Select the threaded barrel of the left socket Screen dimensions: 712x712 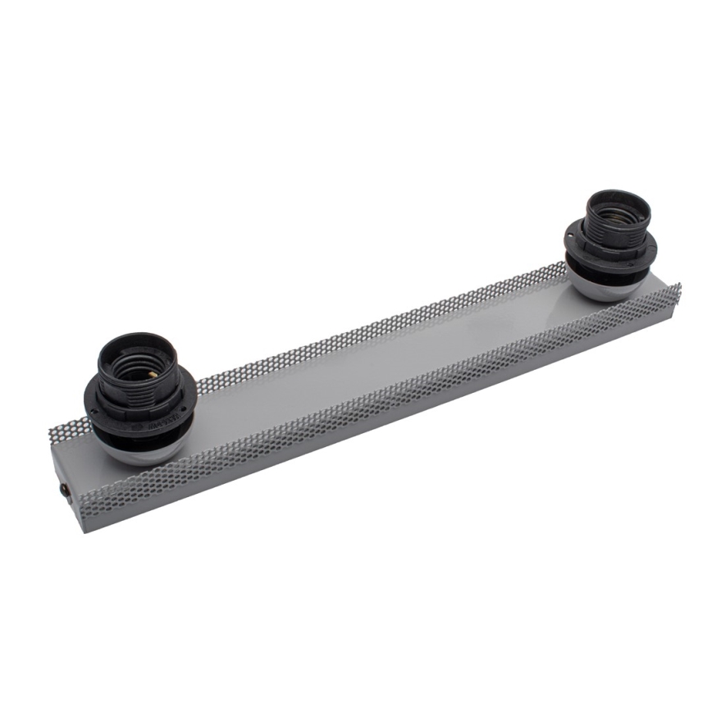coord(138,386)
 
